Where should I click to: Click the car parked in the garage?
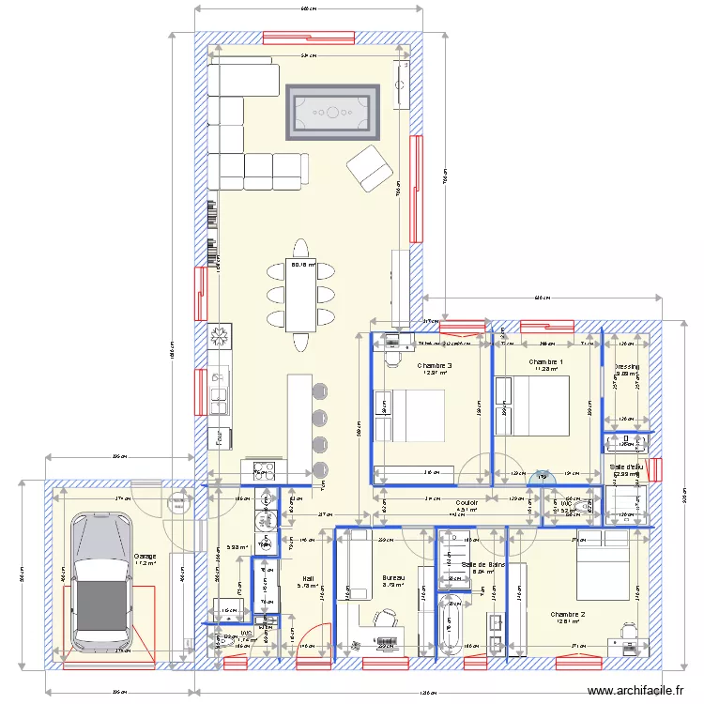(100, 582)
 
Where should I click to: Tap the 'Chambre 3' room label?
(435, 366)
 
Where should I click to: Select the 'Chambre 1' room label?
(546, 361)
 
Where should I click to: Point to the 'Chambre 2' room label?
(568, 615)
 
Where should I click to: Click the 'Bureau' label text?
(392, 578)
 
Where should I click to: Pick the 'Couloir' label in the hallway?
(467, 503)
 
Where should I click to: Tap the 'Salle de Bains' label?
(484, 564)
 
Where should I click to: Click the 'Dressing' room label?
(627, 366)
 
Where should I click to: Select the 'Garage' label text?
(145, 557)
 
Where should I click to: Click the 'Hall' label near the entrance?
(308, 578)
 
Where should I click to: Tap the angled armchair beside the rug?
(369, 168)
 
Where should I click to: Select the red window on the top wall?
(308, 38)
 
